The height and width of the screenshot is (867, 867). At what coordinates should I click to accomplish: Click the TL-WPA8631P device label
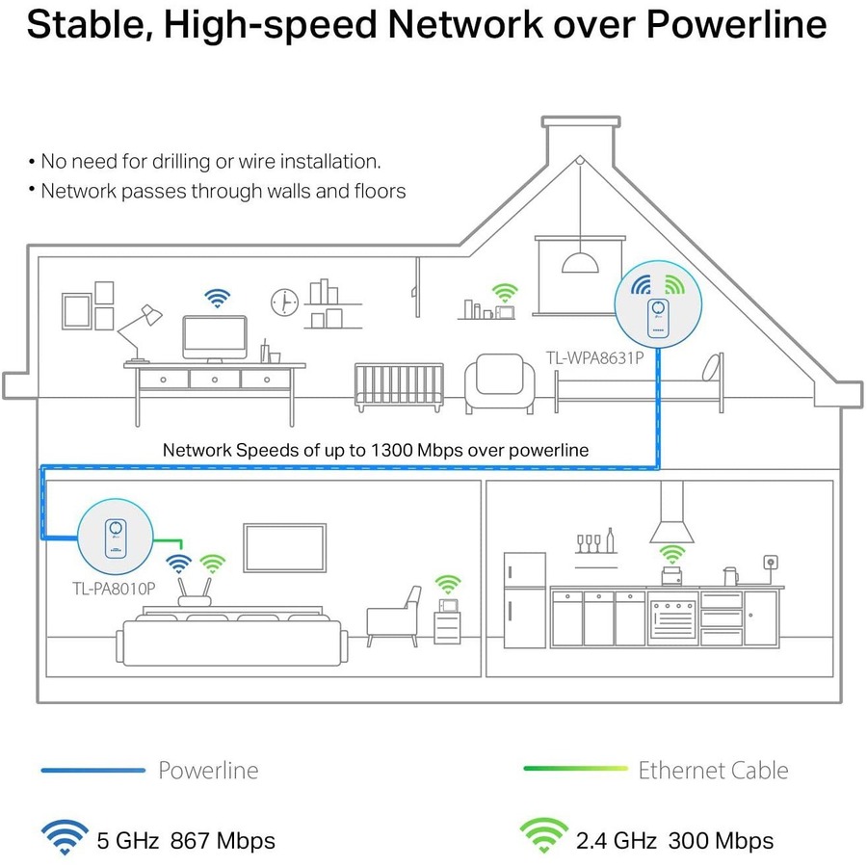(593, 358)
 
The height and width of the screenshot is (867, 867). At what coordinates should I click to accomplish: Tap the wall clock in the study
(284, 302)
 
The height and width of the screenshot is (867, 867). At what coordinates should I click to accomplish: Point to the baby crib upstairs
(398, 386)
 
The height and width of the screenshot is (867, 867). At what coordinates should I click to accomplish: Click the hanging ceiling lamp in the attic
(580, 262)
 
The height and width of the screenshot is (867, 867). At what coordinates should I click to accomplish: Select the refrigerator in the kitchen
(524, 597)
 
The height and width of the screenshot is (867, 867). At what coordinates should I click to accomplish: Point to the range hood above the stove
(671, 520)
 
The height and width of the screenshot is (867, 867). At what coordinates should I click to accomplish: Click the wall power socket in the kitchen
(772, 563)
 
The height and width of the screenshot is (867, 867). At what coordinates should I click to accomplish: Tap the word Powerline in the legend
(208, 771)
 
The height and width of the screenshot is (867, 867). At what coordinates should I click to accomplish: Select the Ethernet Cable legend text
(713, 771)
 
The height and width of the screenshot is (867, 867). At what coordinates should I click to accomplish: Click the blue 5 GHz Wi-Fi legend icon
(65, 838)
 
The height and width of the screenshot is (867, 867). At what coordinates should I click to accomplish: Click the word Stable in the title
(87, 24)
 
